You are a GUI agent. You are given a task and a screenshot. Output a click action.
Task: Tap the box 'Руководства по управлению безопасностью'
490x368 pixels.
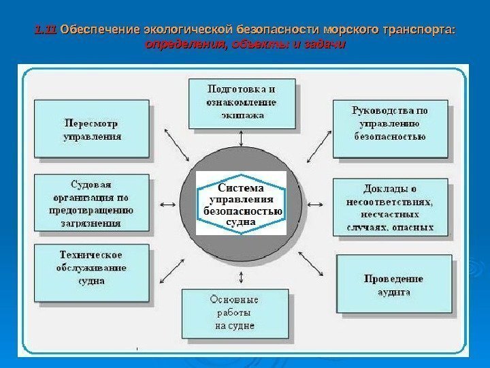(x=390, y=128)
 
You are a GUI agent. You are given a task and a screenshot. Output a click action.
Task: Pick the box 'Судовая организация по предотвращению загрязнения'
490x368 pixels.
(x=92, y=202)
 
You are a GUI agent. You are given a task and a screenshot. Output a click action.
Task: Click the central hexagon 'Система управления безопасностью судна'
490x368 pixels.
(x=242, y=204)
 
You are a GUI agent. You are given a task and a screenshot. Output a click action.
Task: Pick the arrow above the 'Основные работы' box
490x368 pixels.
(x=242, y=277)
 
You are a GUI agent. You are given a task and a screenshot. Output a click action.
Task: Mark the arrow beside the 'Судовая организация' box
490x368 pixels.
(x=166, y=204)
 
